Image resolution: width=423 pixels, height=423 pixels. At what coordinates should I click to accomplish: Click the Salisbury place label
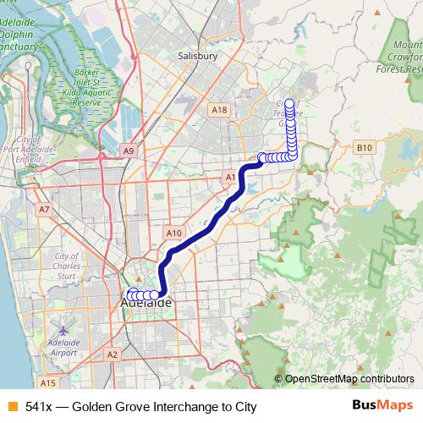(199, 56)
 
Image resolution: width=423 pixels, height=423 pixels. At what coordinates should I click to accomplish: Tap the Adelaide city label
(148, 302)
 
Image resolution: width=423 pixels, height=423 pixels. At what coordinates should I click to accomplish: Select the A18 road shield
(220, 110)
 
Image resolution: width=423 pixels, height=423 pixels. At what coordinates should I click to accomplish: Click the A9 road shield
(129, 151)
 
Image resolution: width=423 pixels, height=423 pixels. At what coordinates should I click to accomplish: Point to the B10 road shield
(364, 148)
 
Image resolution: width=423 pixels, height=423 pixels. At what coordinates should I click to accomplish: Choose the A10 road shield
(174, 233)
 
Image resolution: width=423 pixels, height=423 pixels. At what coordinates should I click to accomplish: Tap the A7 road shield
(44, 208)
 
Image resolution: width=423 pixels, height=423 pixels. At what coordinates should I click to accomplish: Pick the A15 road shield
(47, 382)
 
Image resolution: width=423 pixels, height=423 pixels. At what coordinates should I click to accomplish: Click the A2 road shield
(112, 355)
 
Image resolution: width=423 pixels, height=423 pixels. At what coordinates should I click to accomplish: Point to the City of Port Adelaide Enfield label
(36, 150)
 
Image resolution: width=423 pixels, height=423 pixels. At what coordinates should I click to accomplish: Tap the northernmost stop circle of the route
(291, 105)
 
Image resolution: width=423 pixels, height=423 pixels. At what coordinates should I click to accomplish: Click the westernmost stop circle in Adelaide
(130, 294)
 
